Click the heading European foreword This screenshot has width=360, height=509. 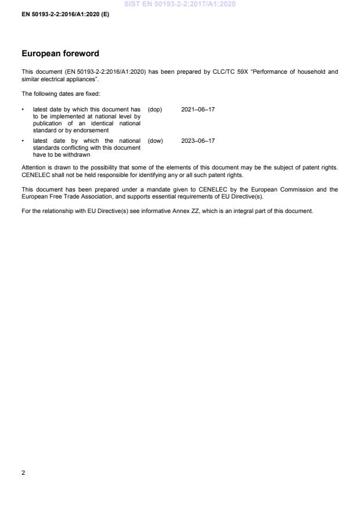pos(60,53)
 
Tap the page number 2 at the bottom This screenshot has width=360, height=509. pos(23,473)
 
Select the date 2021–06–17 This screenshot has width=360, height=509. pos(198,109)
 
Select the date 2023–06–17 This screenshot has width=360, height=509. pos(198,140)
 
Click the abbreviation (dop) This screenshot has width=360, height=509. pos(155,109)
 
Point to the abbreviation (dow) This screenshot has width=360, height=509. pos(155,140)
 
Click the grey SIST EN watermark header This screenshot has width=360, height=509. pos(179,5)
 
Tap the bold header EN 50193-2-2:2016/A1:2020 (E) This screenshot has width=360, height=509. pos(65,13)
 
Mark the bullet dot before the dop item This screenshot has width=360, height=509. pos(23,109)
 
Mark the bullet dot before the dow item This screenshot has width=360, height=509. pos(23,140)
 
